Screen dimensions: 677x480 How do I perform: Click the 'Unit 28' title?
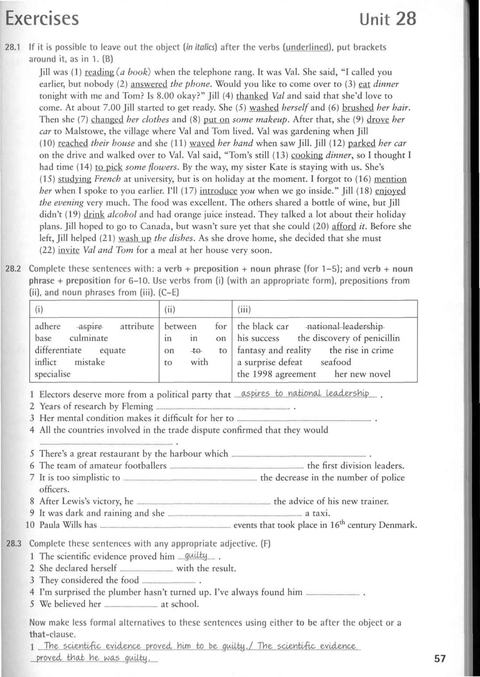pyautogui.click(x=388, y=19)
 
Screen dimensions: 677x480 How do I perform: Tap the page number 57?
pyautogui.click(x=440, y=658)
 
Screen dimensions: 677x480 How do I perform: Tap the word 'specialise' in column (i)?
pyautogui.click(x=52, y=374)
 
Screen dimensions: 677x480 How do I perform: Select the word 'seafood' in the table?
pyautogui.click(x=336, y=362)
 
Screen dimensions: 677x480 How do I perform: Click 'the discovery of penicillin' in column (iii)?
pyautogui.click(x=349, y=338)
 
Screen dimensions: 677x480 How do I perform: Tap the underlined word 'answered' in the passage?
pyautogui.click(x=149, y=84)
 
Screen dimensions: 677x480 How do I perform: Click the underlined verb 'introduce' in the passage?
pyautogui.click(x=218, y=191)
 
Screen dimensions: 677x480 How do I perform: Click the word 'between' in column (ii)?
pyautogui.click(x=180, y=327)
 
